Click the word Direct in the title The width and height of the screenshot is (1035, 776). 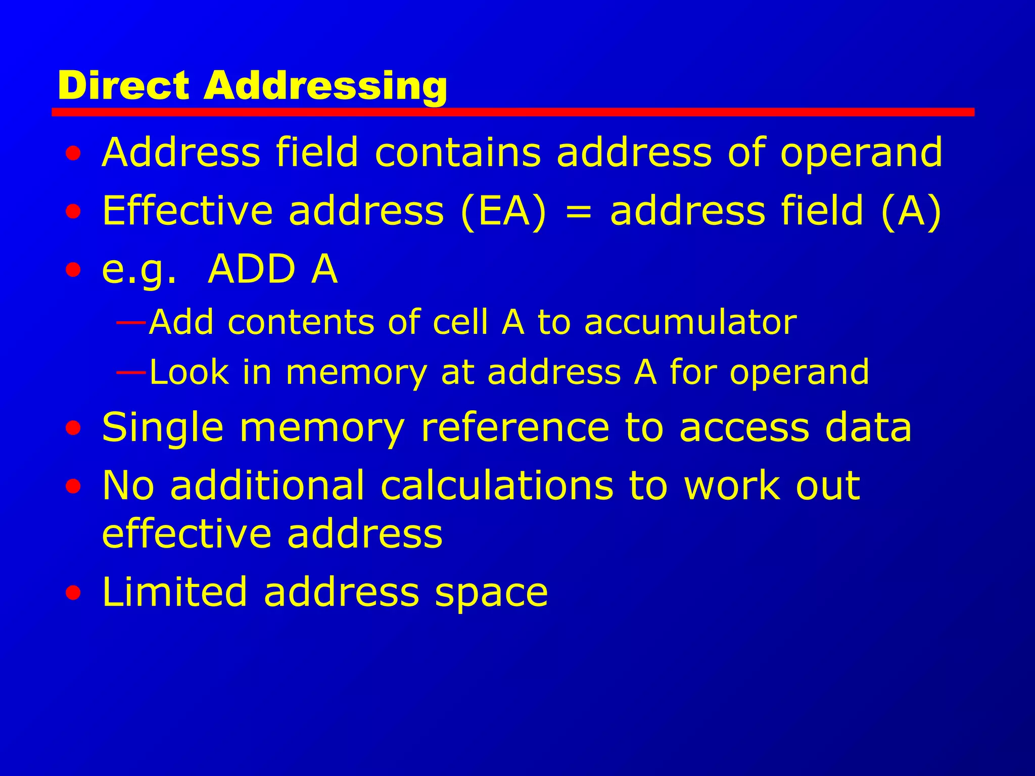[124, 85]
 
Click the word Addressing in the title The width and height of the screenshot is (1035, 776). [325, 86]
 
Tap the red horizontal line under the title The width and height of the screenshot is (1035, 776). [512, 112]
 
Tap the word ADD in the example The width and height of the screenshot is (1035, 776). [252, 269]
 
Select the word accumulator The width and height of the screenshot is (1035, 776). [690, 322]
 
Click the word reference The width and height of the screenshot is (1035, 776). [515, 427]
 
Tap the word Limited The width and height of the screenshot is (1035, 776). [175, 592]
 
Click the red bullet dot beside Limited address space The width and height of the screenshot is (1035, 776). [73, 593]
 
